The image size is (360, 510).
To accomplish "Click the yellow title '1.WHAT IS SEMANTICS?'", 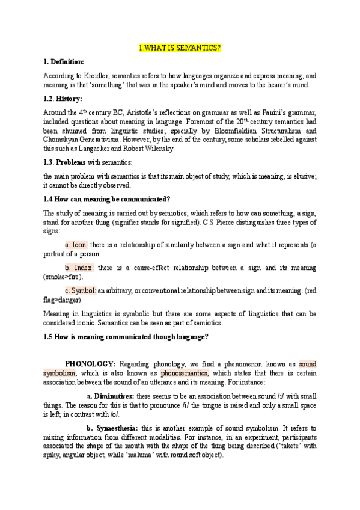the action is [x=180, y=48].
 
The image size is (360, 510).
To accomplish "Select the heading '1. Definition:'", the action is [x=64, y=62].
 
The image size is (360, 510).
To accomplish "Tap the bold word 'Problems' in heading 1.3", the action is [x=72, y=162].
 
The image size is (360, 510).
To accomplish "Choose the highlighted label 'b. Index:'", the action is [x=79, y=268].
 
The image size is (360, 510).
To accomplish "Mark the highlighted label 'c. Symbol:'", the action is [x=81, y=290].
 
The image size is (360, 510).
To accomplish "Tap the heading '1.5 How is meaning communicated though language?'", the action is [x=126, y=337].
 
